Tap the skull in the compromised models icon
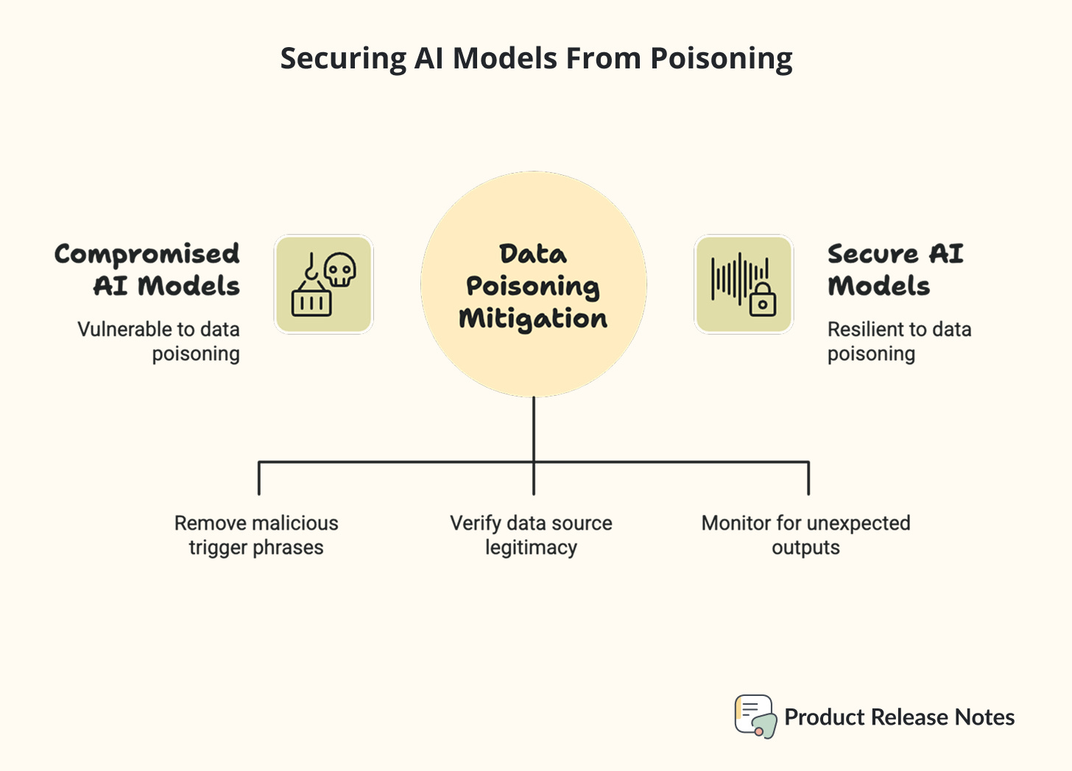pyautogui.click(x=340, y=269)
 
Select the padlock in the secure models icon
pyautogui.click(x=763, y=300)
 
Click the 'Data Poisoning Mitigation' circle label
pyautogui.click(x=533, y=285)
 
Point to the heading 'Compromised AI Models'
pyautogui.click(x=147, y=269)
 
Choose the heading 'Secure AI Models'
pyautogui.click(x=895, y=269)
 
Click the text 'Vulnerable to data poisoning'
pyautogui.click(x=159, y=341)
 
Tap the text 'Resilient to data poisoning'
pyautogui.click(x=899, y=341)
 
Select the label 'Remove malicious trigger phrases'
pyautogui.click(x=256, y=535)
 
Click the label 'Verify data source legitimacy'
pyautogui.click(x=532, y=535)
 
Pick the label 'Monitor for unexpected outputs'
pyautogui.click(x=806, y=535)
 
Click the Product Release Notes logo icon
pyautogui.click(x=755, y=716)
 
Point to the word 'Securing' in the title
pyautogui.click(x=343, y=59)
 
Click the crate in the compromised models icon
pyautogui.click(x=311, y=302)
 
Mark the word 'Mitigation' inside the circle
pyautogui.click(x=533, y=319)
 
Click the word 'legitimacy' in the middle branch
pyautogui.click(x=532, y=548)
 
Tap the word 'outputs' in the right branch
pyautogui.click(x=806, y=548)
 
